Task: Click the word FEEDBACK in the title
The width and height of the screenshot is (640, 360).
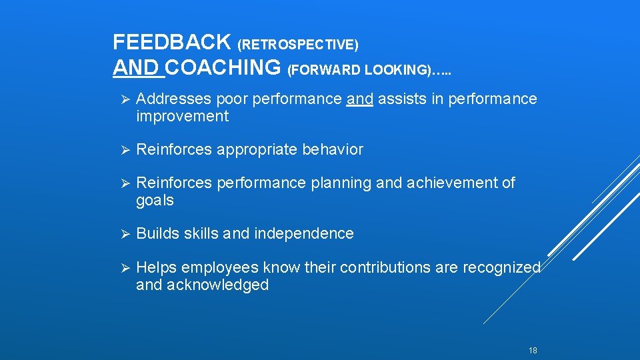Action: click(x=172, y=43)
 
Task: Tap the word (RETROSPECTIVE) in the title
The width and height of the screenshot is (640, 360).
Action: click(x=298, y=45)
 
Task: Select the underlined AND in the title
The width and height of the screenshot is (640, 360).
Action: click(x=136, y=67)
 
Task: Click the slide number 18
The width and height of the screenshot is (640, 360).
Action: click(x=532, y=351)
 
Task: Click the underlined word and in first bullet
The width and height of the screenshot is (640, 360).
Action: click(x=360, y=99)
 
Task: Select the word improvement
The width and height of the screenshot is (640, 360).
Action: click(x=182, y=117)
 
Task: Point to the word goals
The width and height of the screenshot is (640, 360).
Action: click(x=155, y=201)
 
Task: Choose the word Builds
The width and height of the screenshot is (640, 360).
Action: click(x=155, y=233)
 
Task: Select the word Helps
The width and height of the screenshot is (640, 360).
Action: click(x=156, y=267)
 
